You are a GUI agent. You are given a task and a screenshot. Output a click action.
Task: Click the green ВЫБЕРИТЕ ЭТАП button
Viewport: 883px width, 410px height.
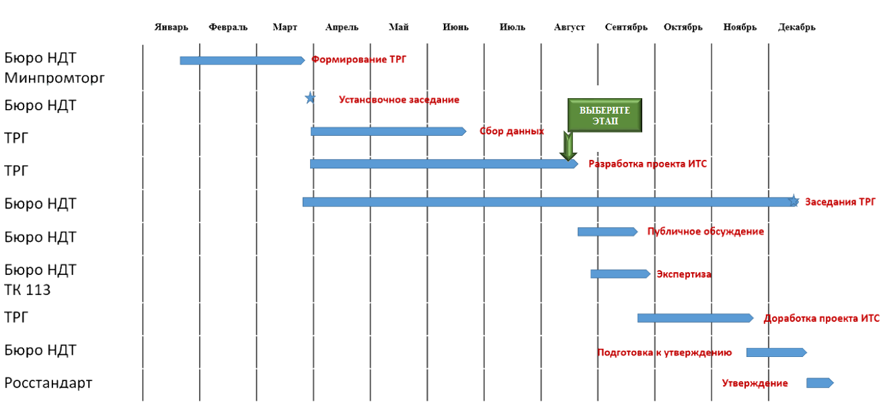click(605, 115)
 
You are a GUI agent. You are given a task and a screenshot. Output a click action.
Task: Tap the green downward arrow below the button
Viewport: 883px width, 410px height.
click(568, 147)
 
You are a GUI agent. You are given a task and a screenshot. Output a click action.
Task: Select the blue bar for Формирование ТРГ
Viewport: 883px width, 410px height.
click(241, 60)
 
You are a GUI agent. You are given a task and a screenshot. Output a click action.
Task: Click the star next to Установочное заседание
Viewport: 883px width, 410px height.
click(310, 98)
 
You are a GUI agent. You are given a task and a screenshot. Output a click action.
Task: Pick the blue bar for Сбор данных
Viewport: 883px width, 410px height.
click(387, 131)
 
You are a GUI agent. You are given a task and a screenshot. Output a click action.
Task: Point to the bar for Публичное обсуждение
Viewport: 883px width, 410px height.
click(607, 232)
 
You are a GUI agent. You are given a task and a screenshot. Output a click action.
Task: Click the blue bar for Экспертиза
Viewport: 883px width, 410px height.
click(619, 274)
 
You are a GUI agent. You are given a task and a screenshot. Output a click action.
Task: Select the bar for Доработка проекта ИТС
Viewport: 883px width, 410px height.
click(695, 318)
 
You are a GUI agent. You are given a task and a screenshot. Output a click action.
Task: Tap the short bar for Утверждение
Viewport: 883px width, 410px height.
click(819, 383)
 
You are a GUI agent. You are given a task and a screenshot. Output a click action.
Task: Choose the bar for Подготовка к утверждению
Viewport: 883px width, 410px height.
click(775, 352)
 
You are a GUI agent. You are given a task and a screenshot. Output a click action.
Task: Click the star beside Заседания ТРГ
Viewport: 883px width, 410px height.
click(794, 201)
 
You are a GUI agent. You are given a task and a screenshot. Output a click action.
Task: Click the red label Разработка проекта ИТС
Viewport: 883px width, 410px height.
click(648, 164)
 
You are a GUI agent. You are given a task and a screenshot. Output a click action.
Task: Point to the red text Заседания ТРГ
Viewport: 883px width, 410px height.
click(840, 202)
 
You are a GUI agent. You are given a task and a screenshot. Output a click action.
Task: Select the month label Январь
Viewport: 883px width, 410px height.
click(171, 28)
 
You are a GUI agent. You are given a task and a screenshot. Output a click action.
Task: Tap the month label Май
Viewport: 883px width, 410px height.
click(398, 28)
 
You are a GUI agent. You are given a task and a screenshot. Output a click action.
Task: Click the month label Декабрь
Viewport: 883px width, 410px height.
click(796, 28)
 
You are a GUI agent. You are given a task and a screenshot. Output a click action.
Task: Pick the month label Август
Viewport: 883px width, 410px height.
click(569, 28)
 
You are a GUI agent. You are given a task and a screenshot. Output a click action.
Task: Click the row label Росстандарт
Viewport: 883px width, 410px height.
click(48, 383)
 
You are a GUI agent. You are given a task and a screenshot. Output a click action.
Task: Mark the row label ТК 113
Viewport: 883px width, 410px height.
click(28, 290)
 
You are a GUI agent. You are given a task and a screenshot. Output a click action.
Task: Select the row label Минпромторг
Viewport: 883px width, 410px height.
click(55, 79)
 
